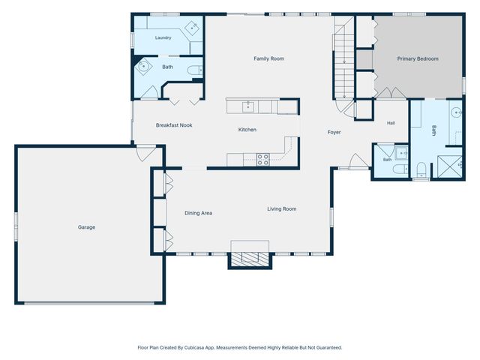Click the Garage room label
tap(87, 227)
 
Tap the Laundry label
tap(163, 37)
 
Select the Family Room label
tap(268, 58)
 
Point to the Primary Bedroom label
tap(418, 58)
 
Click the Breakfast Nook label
tap(174, 125)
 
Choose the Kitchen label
tap(247, 130)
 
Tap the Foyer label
tap(334, 132)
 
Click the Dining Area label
tap(198, 213)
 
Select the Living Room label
tap(282, 209)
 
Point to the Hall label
tap(391, 123)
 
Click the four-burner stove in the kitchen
tap(263, 160)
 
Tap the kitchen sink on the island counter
tap(248, 106)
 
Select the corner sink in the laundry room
tap(192, 28)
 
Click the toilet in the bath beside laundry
tap(195, 70)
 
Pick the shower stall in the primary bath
tap(449, 166)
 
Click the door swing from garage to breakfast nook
tap(145, 154)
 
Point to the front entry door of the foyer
tap(359, 160)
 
